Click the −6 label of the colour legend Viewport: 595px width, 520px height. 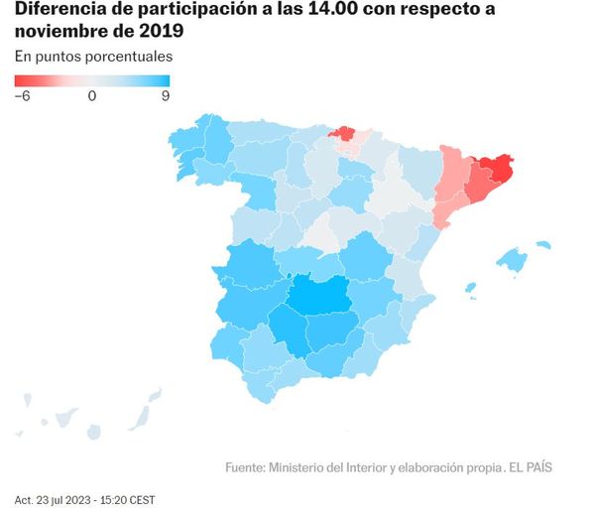coord(24,96)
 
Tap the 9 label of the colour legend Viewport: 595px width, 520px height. coord(165,96)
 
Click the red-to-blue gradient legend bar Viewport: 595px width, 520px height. coord(92,81)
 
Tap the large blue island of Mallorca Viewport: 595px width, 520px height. coord(512,261)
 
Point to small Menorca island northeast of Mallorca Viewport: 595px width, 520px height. coord(542,242)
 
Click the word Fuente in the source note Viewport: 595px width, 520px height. coord(244,467)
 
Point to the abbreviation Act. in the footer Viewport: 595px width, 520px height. coord(24,499)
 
